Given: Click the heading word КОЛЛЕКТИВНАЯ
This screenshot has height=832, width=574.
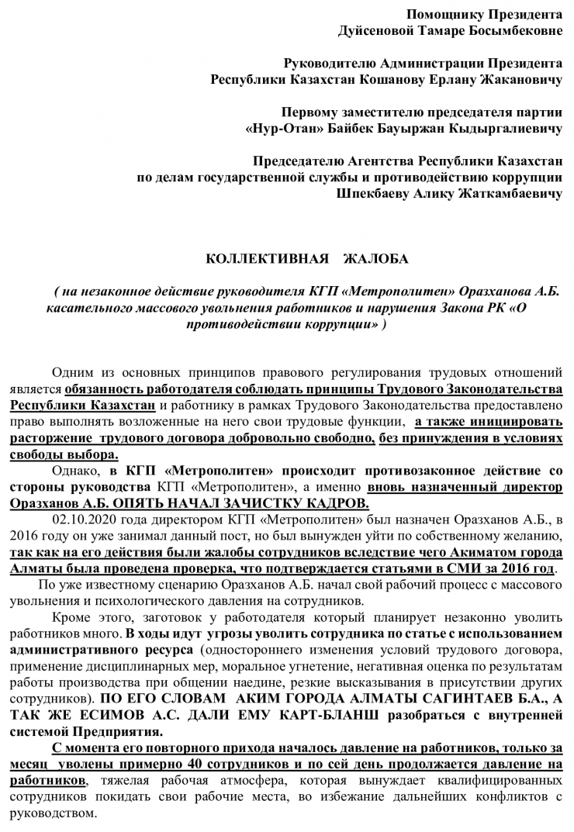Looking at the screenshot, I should pos(256,258).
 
